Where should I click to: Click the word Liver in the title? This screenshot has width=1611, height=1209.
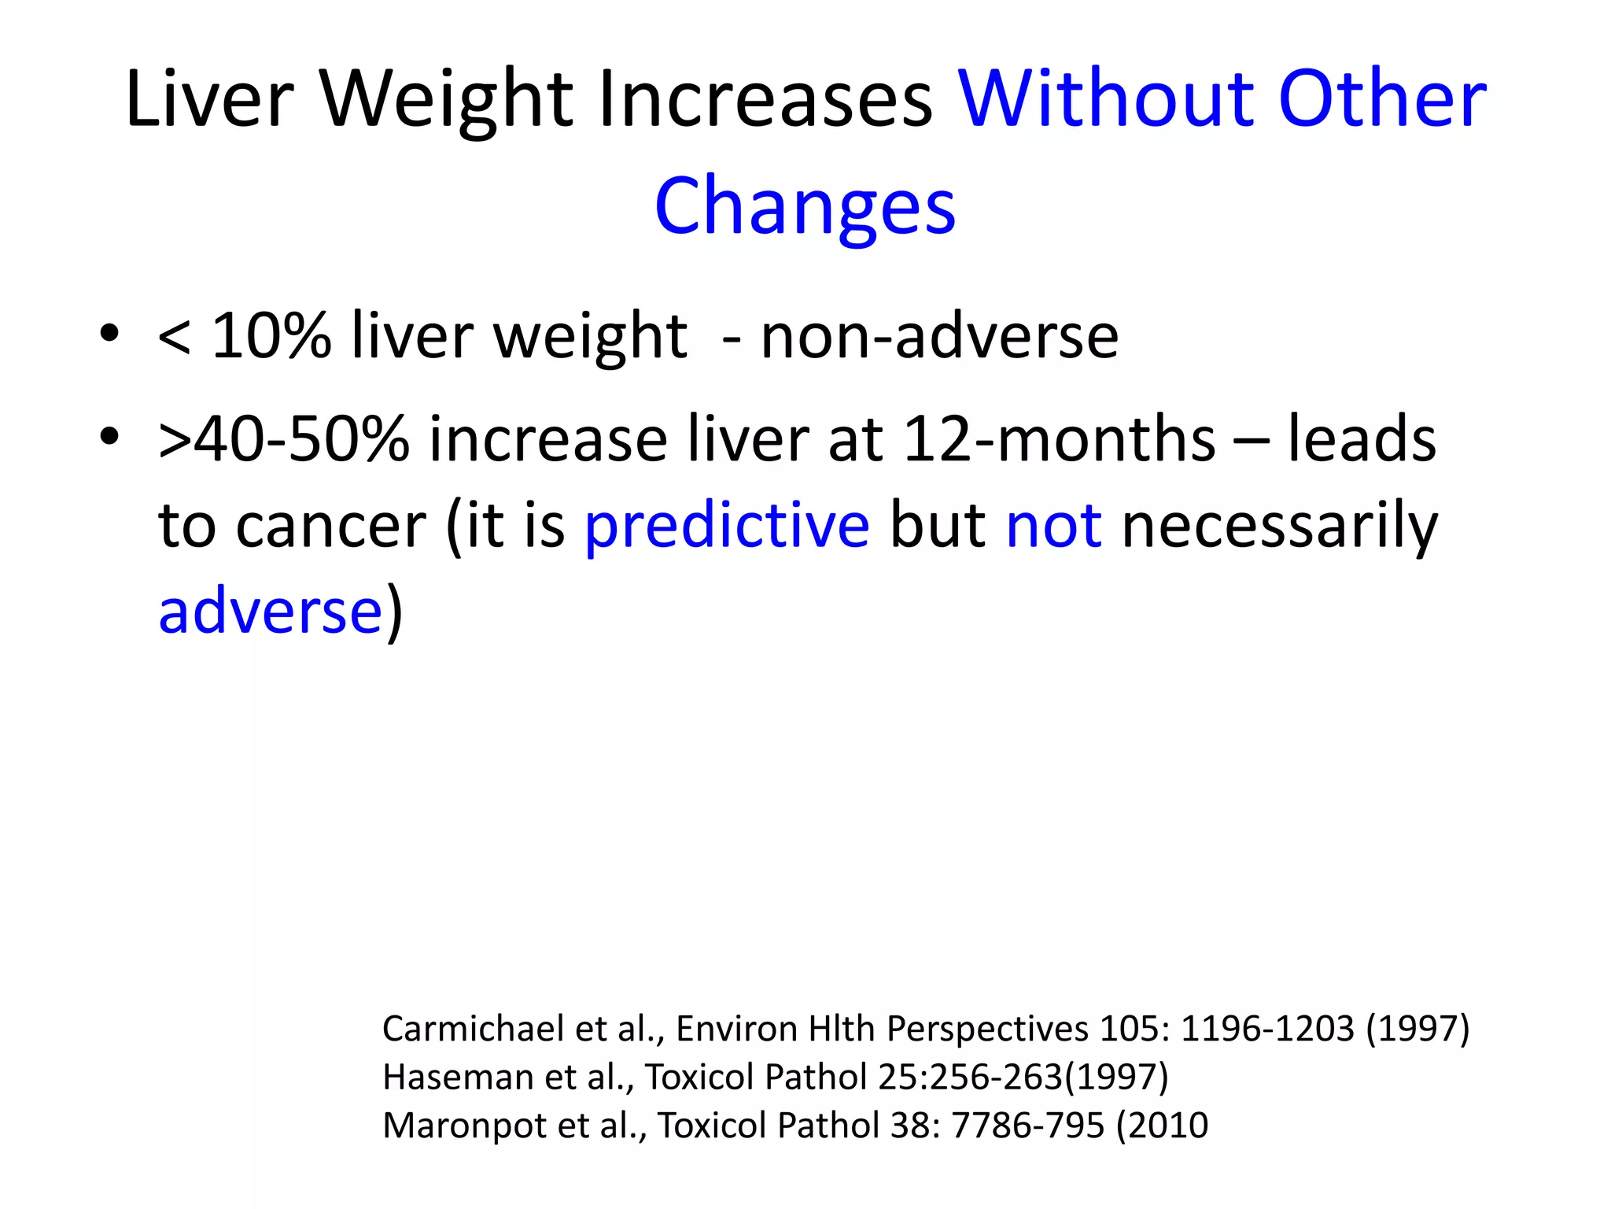209,101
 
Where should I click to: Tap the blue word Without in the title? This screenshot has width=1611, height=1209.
1104,101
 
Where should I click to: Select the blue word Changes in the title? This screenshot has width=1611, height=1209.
805,206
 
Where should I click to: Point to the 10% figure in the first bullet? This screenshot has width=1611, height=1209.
271,337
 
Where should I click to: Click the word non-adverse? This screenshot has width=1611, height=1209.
939,337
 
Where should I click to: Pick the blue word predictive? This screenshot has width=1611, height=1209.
727,526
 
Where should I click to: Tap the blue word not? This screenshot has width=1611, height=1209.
1054,526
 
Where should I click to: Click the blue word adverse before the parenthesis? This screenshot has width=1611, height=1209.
270,612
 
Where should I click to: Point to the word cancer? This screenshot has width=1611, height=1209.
330,526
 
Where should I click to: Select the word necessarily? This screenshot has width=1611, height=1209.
1280,526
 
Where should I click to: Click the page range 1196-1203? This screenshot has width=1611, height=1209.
1267,1029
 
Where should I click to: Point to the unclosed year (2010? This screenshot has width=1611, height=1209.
1162,1126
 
